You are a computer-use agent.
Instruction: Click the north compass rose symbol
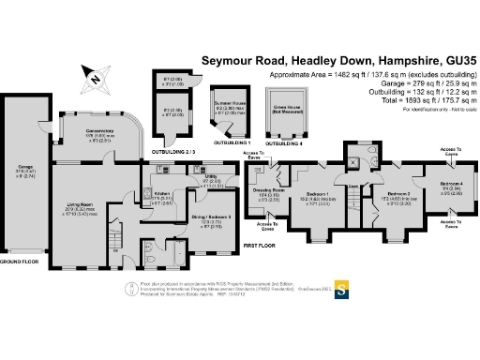[x=96, y=78]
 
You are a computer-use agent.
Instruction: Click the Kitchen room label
[x=163, y=192]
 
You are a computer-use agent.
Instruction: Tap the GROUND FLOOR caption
[x=20, y=262]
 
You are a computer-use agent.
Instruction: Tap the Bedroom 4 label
[x=451, y=182]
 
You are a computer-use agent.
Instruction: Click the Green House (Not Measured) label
[x=286, y=106]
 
